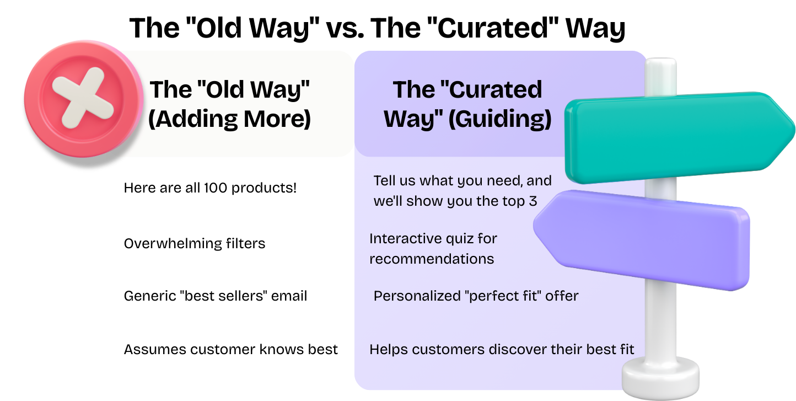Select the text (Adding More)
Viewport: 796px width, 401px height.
pos(229,119)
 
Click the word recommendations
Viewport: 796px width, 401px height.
pos(432,259)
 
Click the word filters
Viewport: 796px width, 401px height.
pos(245,243)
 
